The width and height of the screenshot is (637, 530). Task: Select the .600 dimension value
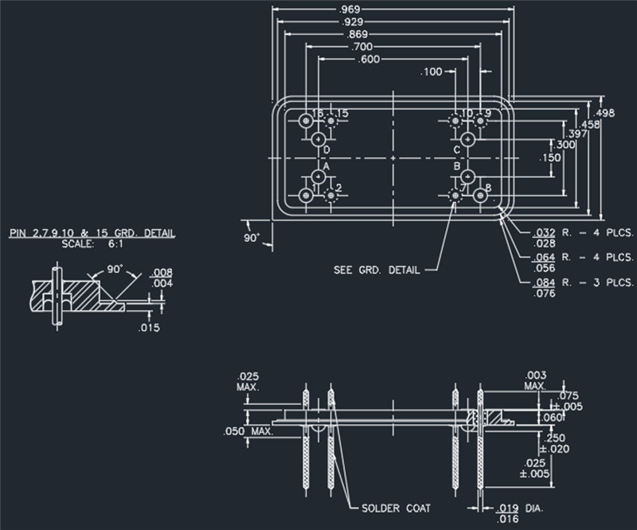coord(369,60)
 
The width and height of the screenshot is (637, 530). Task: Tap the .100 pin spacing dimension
coord(432,72)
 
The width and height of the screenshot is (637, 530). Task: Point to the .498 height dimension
coord(608,112)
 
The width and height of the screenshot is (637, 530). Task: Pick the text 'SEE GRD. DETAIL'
coord(376,270)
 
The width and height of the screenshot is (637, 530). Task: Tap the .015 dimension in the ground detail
coord(148,327)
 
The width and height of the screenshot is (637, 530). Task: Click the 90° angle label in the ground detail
coord(118,270)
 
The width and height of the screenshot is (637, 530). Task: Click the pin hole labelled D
coord(318,139)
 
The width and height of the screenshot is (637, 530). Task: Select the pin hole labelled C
coord(468,139)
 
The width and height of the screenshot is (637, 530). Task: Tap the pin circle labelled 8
coord(480,195)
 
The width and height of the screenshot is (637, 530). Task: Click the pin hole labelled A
coord(318,176)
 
